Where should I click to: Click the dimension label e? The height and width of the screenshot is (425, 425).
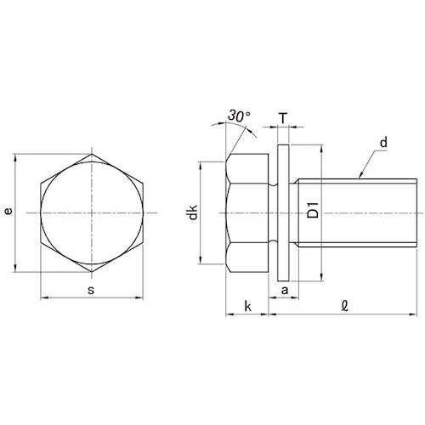pos(9,211)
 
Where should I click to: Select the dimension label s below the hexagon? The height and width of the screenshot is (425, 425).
pos(91,290)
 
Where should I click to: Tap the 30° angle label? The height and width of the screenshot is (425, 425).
pos(239,116)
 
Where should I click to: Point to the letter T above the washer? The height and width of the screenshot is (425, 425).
pos(283,118)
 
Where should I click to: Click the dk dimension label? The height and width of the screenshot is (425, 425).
pos(193,212)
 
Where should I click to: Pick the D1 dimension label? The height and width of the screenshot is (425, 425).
pos(313,210)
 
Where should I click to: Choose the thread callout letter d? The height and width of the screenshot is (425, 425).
pos(383,142)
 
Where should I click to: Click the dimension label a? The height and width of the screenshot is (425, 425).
pos(285,290)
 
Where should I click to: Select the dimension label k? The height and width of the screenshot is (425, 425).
pos(247,306)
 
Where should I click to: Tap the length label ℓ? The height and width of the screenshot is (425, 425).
pos(344,306)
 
